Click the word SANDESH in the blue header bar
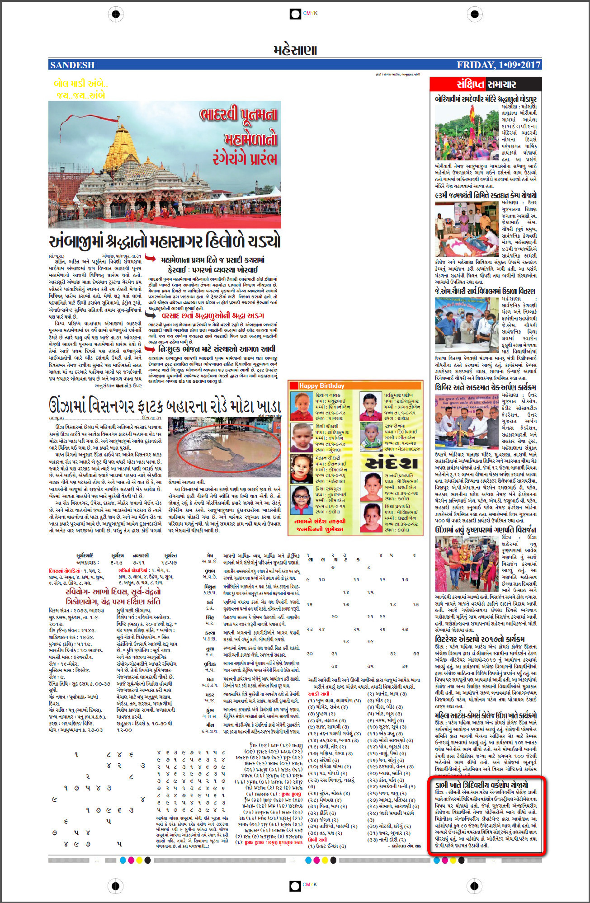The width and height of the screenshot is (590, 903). (x=72, y=65)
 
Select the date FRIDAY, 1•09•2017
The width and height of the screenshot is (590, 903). (x=498, y=65)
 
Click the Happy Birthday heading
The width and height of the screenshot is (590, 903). (x=321, y=386)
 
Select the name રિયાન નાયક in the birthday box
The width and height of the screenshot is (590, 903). (x=328, y=395)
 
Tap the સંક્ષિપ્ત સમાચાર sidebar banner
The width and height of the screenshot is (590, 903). (x=486, y=84)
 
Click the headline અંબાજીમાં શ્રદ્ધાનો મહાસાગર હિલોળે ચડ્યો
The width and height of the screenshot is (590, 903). (x=165, y=241)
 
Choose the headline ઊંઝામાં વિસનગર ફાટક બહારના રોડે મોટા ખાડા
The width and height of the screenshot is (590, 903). (x=165, y=405)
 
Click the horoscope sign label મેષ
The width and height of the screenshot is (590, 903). (x=210, y=555)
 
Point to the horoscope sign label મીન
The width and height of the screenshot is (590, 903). (x=210, y=724)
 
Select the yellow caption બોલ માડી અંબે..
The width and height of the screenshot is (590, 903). (x=80, y=84)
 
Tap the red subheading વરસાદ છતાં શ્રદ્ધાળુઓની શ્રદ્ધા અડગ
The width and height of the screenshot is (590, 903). (x=212, y=315)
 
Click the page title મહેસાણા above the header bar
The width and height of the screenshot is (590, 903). (x=295, y=50)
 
